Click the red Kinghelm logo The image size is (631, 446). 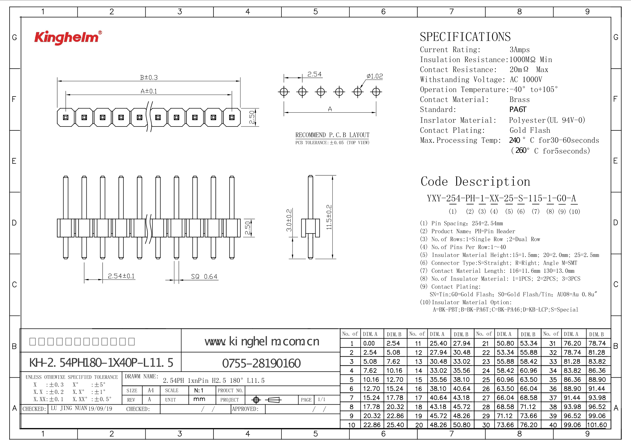tap(68, 37)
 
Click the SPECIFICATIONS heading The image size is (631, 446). tap(465, 37)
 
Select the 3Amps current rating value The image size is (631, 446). tap(519, 50)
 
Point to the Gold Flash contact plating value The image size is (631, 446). tap(530, 130)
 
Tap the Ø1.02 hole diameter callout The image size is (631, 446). tap(375, 76)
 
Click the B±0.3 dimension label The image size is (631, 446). tap(149, 78)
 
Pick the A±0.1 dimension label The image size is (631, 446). tap(149, 91)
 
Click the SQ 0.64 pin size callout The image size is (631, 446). tap(204, 277)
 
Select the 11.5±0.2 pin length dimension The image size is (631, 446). tap(329, 217)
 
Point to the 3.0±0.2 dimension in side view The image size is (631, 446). tap(289, 220)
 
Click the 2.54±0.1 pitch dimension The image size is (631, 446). tap(121, 276)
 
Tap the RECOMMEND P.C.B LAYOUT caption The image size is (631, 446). tap(332, 135)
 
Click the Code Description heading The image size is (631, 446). tap(475, 182)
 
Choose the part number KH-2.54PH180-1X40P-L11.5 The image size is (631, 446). tap(101, 363)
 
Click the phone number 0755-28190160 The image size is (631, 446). tap(261, 363)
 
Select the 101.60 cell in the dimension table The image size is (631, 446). tap(597, 425)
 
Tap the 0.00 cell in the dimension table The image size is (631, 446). tap(369, 343)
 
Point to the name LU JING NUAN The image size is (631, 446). tap(69, 408)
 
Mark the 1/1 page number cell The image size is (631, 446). tap(322, 400)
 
